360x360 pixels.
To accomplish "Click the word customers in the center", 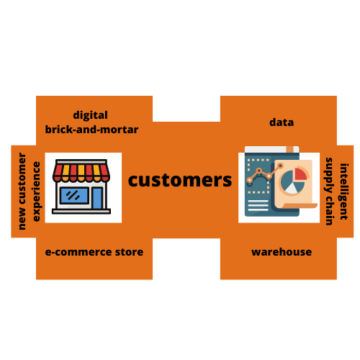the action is point(180,181).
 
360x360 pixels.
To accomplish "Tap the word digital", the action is point(90,115).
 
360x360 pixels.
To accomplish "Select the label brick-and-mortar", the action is point(91,130).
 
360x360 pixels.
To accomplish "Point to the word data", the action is point(282,122).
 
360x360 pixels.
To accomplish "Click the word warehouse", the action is point(282,252).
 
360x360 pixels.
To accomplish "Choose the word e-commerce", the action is point(78,252).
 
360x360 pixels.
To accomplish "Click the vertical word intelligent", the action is point(344,192).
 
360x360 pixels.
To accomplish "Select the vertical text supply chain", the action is point(329,192).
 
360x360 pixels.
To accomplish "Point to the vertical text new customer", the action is point(22,192).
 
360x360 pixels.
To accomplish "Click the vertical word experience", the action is point(36,192).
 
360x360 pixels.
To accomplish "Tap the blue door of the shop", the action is point(97,198).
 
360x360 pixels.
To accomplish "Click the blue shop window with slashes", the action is point(74,196).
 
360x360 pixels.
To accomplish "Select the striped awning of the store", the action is point(81,171).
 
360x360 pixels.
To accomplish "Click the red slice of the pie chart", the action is point(301,174).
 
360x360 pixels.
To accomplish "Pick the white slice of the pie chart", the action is point(292,189).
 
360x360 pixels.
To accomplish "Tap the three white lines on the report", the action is point(258,205).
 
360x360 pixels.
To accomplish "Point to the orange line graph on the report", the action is point(265,173).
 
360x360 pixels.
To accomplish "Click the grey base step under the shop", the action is point(81,212).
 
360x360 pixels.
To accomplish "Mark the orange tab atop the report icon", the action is point(289,149).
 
